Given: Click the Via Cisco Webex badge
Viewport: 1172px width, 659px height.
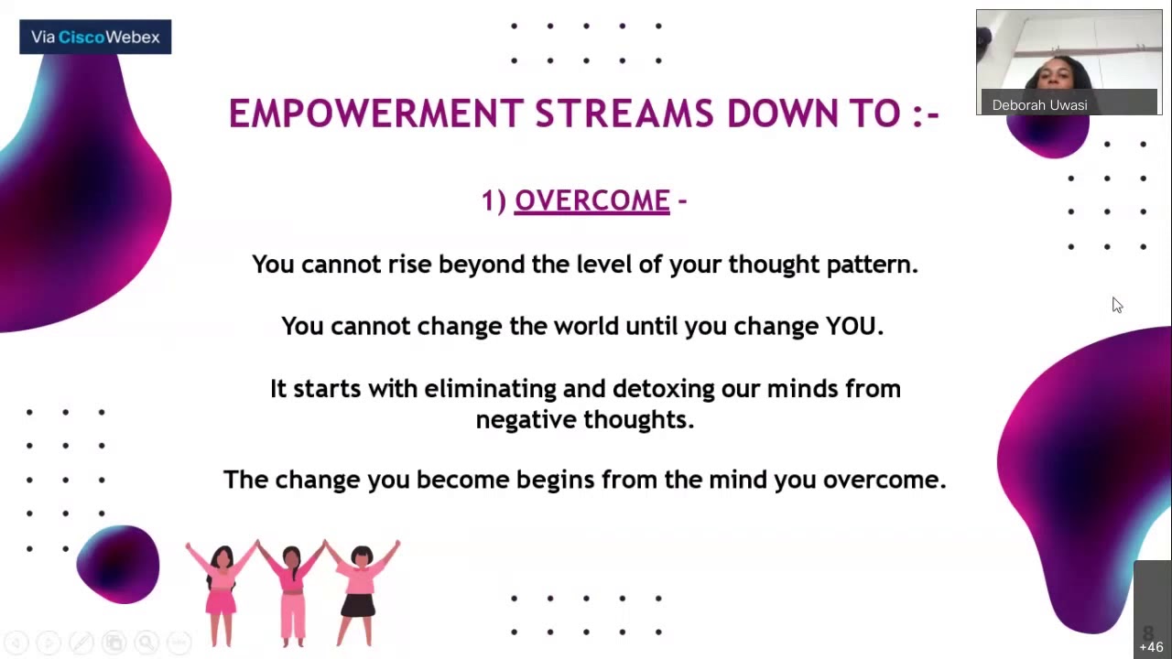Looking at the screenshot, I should point(95,38).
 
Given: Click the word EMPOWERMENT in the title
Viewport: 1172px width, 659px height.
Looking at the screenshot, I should point(374,114).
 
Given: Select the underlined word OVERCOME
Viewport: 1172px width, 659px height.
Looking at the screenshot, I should point(591,200).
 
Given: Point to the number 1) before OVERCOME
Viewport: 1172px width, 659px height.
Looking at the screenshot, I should point(494,200).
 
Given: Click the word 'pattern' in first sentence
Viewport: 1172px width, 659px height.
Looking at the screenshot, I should point(872,265).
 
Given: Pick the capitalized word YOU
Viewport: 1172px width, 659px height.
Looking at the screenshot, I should point(852,327).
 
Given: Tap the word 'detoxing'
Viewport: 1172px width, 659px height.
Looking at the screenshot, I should point(664,389).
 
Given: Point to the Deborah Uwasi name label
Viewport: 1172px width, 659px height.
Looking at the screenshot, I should point(1039,105).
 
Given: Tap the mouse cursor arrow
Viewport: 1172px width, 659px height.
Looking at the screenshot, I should point(1116,305).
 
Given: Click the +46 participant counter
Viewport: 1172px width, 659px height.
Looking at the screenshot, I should point(1151,646).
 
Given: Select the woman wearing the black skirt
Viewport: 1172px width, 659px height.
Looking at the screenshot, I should point(360,591).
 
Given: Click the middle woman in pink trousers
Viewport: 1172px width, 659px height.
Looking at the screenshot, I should point(292,591).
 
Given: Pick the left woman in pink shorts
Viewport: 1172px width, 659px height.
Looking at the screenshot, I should point(222,591).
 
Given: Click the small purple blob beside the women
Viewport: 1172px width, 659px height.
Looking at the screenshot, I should point(117,564).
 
